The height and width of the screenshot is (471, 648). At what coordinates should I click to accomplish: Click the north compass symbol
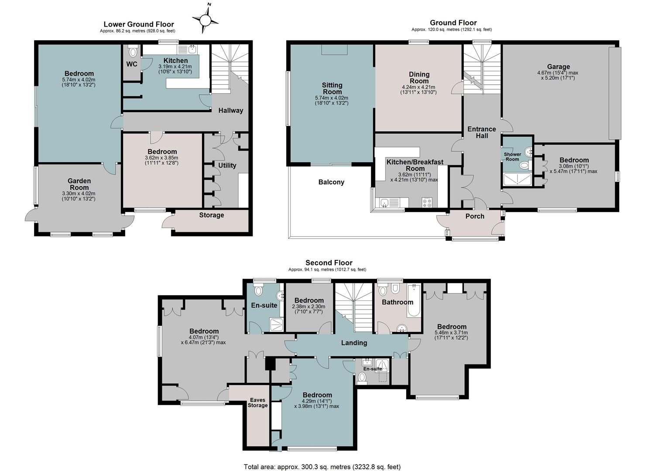coord(205,20)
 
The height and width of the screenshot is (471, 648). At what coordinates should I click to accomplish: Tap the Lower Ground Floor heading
coord(139,24)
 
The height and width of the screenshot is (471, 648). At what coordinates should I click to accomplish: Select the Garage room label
coord(558,66)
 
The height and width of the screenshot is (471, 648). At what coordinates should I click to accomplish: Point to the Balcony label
coord(331,182)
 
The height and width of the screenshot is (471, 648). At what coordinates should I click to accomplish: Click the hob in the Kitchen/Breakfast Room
coord(427,202)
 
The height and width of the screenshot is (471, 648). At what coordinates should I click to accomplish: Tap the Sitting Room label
coord(332,89)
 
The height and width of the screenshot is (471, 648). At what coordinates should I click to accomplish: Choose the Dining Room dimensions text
coord(418,90)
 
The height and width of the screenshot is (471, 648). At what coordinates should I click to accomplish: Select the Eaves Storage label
coord(257,403)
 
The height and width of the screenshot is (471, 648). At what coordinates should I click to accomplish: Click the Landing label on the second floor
coord(354,343)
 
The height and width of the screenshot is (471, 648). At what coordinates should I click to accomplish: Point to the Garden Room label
coord(79,184)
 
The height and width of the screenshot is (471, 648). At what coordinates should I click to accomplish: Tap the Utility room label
coord(227,165)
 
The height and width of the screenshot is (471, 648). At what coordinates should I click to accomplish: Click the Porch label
coord(475,216)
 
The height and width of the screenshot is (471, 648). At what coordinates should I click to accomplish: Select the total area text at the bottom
coord(322,467)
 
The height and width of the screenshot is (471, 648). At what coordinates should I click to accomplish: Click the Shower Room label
coord(512,157)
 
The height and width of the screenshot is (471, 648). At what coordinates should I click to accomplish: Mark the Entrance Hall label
coord(482,133)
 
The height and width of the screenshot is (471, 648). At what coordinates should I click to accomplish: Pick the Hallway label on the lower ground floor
coord(230,110)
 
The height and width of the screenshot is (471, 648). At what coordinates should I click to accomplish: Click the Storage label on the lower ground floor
coord(212,215)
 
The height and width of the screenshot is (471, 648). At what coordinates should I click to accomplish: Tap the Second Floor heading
coord(329,263)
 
